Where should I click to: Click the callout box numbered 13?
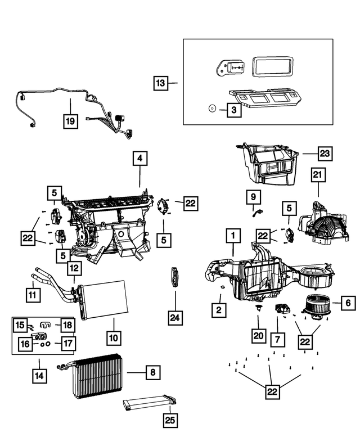(x=161, y=83)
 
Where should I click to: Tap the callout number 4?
(x=140, y=159)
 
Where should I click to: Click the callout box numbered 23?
(x=325, y=153)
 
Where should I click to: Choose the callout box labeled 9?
(x=253, y=197)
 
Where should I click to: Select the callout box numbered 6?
(x=348, y=303)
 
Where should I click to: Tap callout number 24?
(x=175, y=318)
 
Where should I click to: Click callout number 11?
(x=33, y=294)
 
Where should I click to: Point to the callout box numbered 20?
(x=258, y=336)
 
